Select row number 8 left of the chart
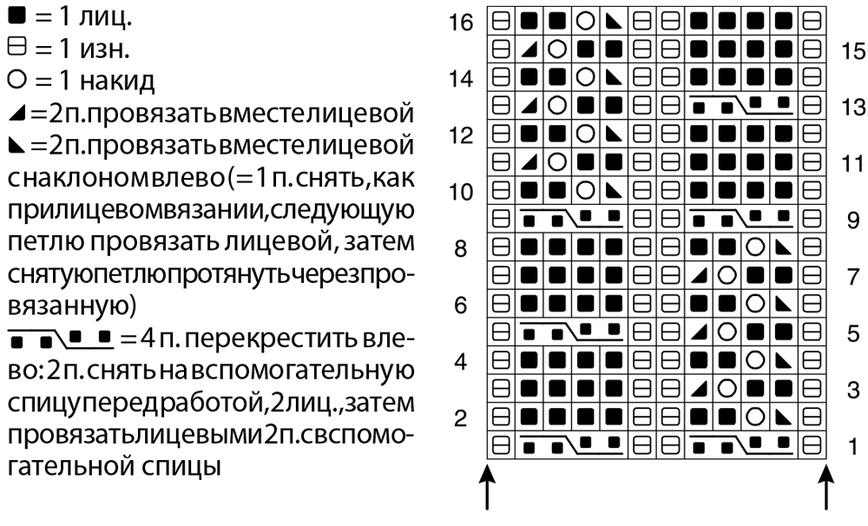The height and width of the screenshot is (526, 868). click(x=463, y=250)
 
